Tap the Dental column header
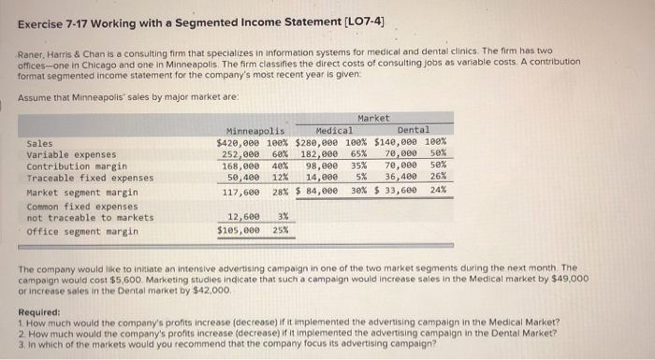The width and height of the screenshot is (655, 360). [x=414, y=130]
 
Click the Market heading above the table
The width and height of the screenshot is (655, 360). [x=374, y=119]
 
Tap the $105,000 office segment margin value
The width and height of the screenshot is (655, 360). [x=238, y=230]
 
